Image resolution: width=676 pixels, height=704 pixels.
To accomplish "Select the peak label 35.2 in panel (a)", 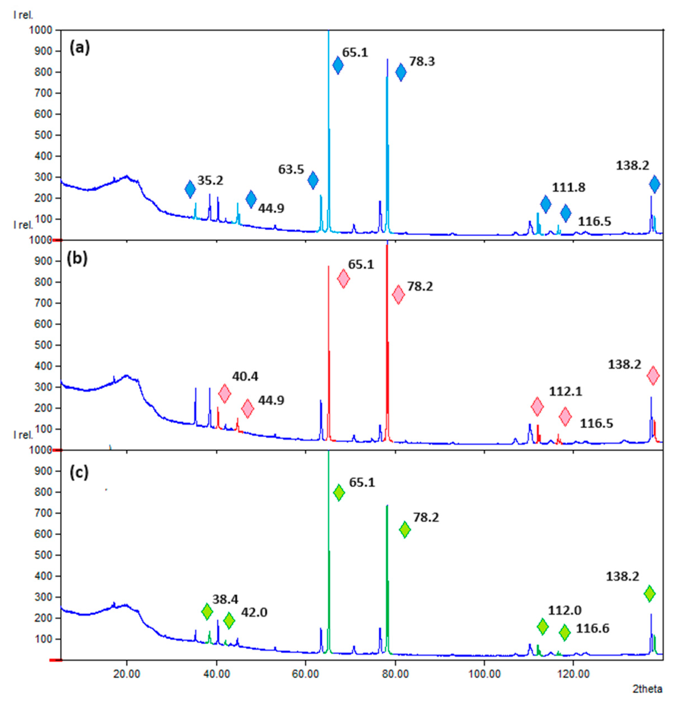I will coord(210,181).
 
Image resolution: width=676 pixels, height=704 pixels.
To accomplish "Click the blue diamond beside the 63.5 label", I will coord(313,180).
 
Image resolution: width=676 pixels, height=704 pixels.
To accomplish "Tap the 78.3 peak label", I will coord(422,62).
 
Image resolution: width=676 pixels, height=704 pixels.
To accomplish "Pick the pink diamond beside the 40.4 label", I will coord(224,394).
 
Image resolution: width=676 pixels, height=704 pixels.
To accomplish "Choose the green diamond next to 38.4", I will coord(207,611).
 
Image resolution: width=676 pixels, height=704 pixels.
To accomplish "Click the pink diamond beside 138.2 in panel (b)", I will coord(653,376).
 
